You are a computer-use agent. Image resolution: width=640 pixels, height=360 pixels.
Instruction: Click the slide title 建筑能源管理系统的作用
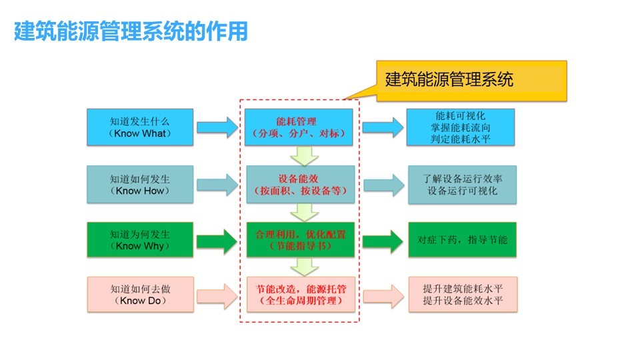point(131,31)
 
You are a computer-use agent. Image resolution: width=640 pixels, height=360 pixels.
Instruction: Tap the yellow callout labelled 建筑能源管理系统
point(471,81)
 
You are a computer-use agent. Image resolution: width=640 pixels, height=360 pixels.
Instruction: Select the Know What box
point(140,127)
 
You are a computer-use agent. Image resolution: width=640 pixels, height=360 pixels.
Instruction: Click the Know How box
point(140,185)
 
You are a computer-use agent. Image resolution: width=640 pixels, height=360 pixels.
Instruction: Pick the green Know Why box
point(140,240)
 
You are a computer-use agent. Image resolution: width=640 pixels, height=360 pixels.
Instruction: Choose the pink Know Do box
point(141,295)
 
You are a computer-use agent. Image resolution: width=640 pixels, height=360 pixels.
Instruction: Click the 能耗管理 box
point(299,127)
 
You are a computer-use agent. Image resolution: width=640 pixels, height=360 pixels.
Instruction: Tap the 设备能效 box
point(301,185)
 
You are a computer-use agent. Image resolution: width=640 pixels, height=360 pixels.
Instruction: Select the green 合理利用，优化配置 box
point(301,240)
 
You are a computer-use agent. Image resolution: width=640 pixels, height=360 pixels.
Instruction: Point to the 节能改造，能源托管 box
point(301,295)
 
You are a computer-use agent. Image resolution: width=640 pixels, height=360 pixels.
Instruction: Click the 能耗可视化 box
point(461,127)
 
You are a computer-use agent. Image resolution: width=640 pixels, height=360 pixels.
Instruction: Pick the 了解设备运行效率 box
point(463,185)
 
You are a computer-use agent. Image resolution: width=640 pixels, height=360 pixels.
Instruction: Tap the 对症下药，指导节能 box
point(463,240)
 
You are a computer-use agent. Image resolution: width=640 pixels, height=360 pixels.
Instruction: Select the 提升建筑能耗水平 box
point(463,295)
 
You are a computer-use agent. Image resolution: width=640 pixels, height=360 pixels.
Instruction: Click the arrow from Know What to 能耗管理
point(217,127)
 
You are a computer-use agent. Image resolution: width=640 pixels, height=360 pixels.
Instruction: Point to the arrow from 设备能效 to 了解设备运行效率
point(384,185)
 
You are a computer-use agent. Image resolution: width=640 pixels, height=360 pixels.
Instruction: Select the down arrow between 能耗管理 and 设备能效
point(304,155)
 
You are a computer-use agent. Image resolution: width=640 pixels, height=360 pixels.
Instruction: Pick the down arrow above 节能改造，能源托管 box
point(304,267)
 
